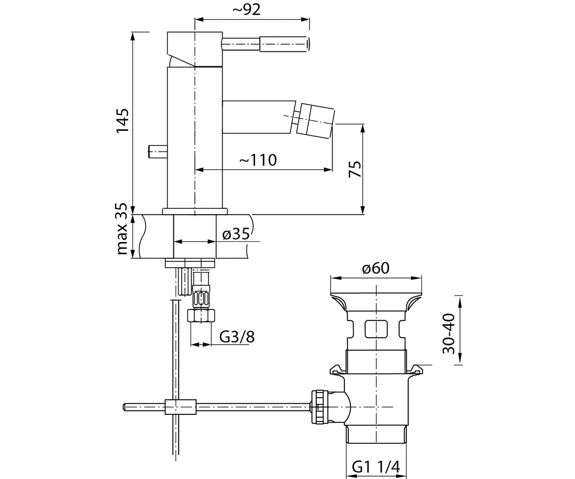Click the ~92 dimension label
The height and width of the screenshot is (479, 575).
coord(246,10)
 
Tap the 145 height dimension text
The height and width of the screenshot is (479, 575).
coord(123,121)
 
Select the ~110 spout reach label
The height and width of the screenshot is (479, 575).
coord(258,160)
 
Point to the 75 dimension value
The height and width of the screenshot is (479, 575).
coord(355,169)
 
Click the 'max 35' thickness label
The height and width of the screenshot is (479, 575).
coord(122,229)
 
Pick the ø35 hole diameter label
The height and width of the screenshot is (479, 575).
coord(236,234)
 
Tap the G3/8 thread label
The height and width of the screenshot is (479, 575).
coord(237,336)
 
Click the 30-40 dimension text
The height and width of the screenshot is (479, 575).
coord(448,334)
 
